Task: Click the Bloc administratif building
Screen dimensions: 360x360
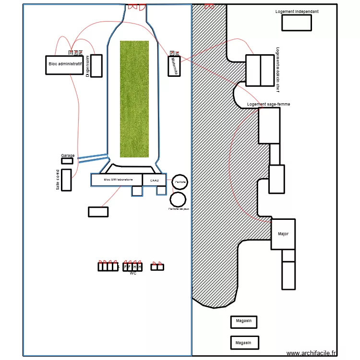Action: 64,65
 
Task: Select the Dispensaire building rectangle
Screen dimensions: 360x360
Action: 96,66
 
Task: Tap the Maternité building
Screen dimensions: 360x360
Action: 174,66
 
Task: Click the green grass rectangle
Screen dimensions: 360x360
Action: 134,99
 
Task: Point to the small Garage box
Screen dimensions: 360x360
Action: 67,161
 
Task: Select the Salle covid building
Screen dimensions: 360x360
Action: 66,180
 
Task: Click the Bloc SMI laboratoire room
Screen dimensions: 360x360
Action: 117,180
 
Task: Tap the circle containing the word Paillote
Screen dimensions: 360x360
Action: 180,182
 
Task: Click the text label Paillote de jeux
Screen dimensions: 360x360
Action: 179,209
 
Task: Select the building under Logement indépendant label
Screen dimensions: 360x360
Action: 296,23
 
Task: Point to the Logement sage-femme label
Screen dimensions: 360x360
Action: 268,104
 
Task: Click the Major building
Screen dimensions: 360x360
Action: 283,234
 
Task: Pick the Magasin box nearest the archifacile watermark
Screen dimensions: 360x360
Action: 244,342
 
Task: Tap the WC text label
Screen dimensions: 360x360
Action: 133,273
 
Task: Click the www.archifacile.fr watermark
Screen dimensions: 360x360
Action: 312,353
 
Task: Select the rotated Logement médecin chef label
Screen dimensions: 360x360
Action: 277,69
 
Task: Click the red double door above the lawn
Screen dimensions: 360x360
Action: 136,7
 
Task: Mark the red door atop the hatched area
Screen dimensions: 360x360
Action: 209,6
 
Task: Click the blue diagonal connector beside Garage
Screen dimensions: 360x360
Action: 93,158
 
